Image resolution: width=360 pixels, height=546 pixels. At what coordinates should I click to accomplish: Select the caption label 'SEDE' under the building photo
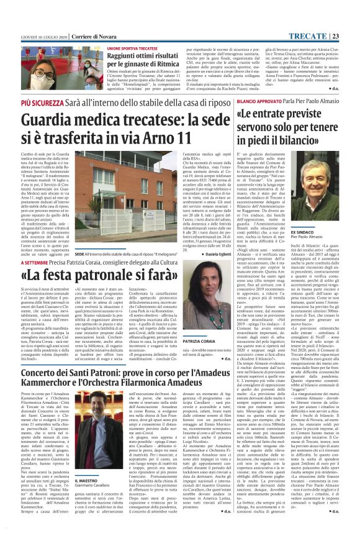point(79,255)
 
